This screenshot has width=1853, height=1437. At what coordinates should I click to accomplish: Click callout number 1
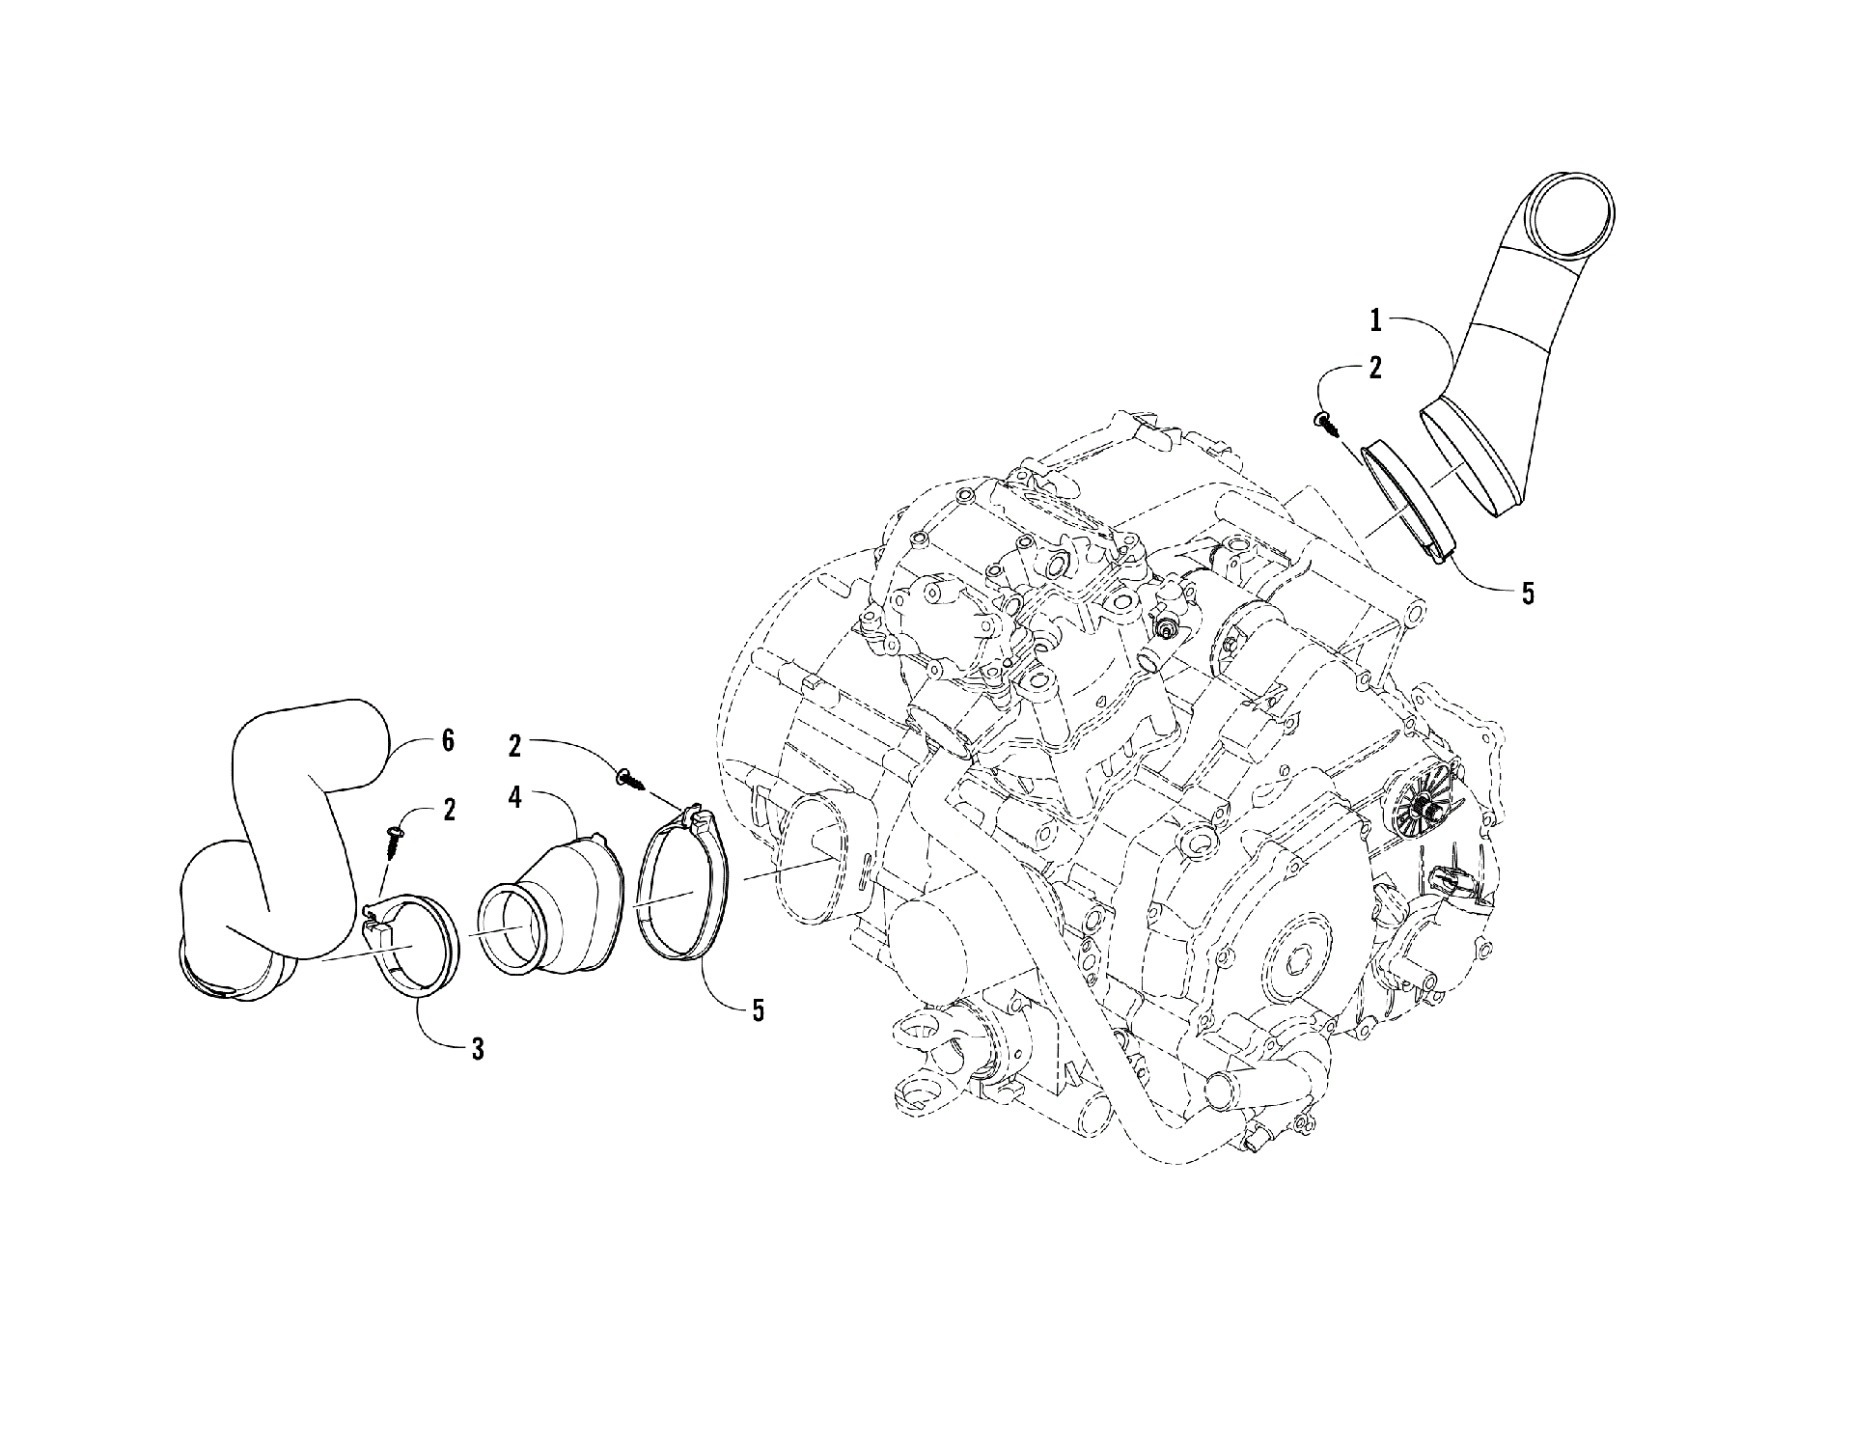(x=1377, y=319)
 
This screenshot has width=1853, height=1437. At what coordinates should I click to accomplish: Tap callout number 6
(x=448, y=742)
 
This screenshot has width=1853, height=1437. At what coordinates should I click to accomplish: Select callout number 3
(x=478, y=1048)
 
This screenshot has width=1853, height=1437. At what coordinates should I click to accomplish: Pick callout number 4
(x=516, y=772)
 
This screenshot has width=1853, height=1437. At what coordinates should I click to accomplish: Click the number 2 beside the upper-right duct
(x=1375, y=367)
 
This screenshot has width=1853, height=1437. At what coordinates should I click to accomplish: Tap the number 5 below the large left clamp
(x=759, y=1010)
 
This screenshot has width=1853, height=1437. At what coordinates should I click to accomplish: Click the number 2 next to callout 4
(x=516, y=744)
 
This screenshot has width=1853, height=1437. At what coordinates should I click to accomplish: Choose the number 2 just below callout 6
(x=449, y=810)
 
